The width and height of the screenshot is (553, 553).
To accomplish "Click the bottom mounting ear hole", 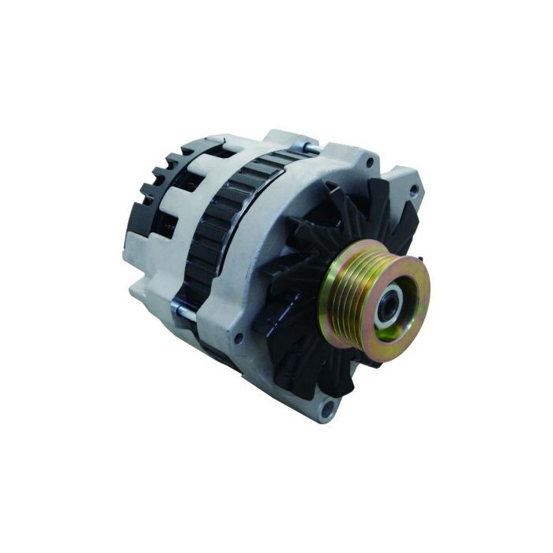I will click(x=331, y=408).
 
